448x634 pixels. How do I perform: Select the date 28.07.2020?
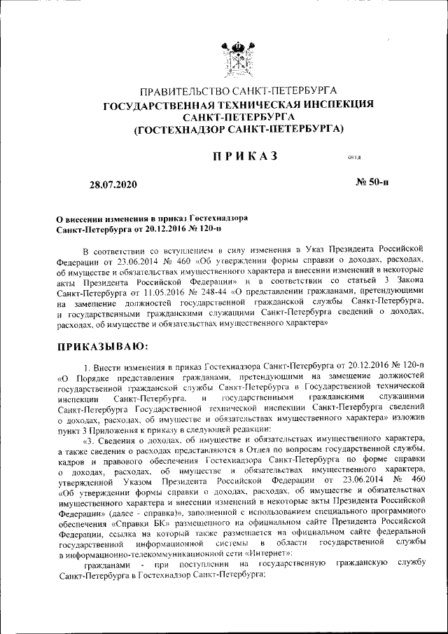click(113, 185)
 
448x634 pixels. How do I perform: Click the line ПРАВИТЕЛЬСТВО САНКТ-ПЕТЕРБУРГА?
click(239, 92)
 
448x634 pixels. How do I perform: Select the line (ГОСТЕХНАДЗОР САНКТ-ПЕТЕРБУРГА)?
click(239, 129)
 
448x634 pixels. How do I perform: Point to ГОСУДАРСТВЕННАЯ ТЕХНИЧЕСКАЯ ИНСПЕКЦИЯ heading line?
click(239, 104)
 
